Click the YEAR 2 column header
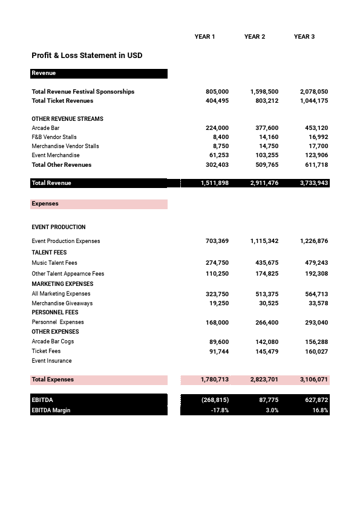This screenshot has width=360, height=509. coord(255,37)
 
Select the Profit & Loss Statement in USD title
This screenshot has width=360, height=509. coord(87,56)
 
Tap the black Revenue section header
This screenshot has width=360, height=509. coord(99,73)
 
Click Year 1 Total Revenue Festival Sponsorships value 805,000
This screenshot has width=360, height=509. coord(217,92)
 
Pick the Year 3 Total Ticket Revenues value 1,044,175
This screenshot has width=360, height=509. coord(313,101)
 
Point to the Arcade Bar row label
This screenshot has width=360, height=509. coord(45,128)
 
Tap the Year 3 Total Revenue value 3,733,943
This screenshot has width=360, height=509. coord(313,183)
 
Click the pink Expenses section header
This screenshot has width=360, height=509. coord(99,204)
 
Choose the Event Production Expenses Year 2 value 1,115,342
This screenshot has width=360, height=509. coord(264,241)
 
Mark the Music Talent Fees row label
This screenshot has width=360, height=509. coord(54,263)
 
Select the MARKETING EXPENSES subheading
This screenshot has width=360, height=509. coord(62,284)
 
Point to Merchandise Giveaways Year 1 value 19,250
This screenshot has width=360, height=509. coord(218,303)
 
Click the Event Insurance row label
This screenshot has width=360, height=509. coord(51,361)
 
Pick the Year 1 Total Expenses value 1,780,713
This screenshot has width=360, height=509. coord(214,380)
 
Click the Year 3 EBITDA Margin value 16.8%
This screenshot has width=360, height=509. coord(320,410)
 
